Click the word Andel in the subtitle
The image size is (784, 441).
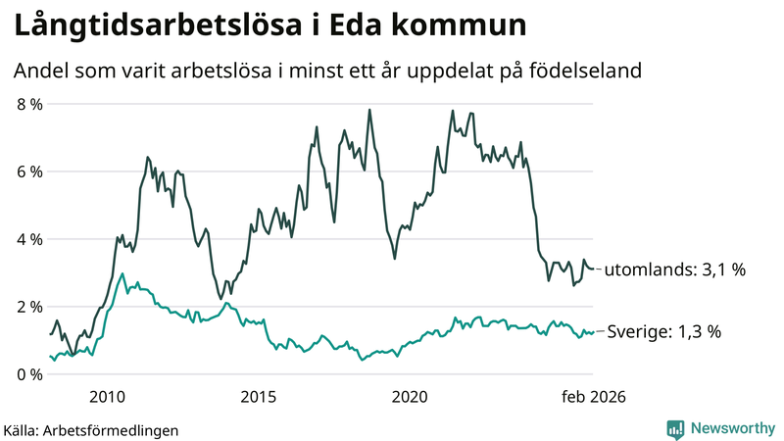40,72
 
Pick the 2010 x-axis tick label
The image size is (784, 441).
107,397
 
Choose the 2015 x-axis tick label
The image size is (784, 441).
258,397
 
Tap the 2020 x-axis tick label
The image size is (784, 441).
410,397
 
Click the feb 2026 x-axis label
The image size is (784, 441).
592,397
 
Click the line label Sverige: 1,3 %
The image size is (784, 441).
664,332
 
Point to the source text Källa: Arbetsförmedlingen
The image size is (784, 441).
91,429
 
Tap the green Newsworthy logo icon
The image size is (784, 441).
676,428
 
